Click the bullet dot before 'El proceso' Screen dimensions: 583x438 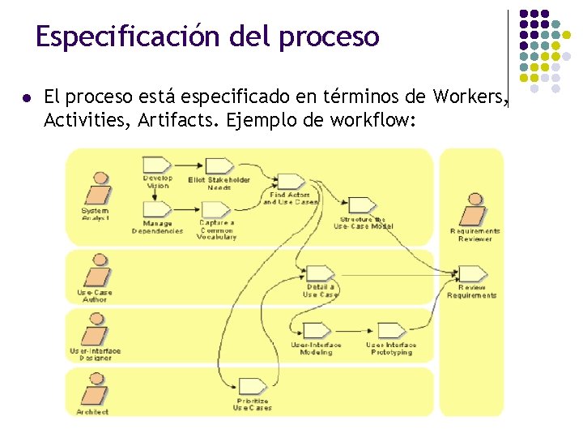tap(28, 98)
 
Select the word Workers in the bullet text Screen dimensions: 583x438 tap(469, 98)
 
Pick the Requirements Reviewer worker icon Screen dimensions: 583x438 tap(473, 210)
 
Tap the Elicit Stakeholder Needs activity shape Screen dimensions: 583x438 tap(219, 167)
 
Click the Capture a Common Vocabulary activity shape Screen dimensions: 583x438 tap(218, 209)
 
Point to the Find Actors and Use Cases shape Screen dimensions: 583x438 tap(289, 182)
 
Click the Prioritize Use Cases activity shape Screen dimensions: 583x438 tap(252, 386)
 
